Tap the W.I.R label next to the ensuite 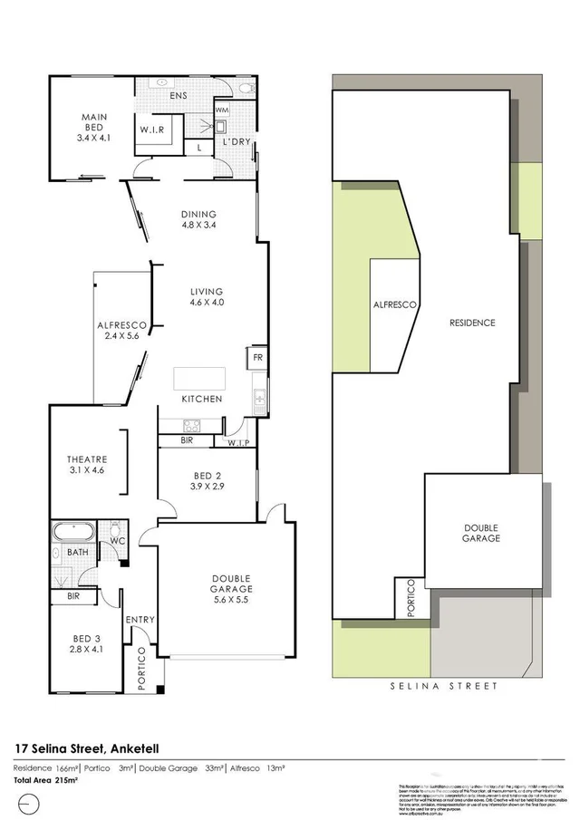(x=150, y=130)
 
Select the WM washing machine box (x=222, y=111)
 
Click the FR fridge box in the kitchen (x=257, y=357)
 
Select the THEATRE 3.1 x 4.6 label (x=87, y=464)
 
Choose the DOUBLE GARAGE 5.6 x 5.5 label (x=231, y=589)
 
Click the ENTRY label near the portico (x=140, y=620)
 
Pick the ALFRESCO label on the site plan (x=395, y=305)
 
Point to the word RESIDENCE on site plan (x=472, y=323)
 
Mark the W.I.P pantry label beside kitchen (x=238, y=442)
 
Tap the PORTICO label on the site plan (x=411, y=599)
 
